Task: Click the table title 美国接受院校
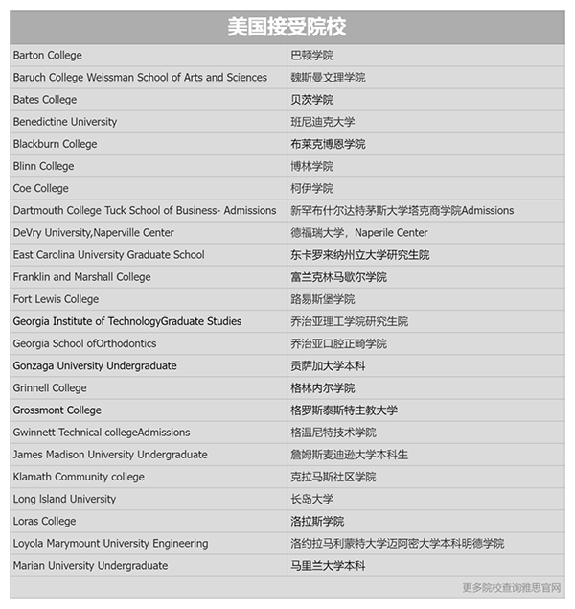(x=287, y=27)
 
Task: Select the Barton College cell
(x=48, y=56)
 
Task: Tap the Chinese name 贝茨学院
(x=312, y=100)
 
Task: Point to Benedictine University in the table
(x=65, y=122)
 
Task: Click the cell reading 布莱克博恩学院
(x=328, y=144)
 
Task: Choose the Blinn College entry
(x=43, y=166)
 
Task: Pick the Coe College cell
(x=41, y=188)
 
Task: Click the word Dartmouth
(x=39, y=210)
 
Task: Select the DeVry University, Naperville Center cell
(x=94, y=232)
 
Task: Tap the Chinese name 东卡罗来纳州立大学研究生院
(x=359, y=255)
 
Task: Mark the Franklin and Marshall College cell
(x=82, y=277)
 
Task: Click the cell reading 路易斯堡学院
(x=323, y=299)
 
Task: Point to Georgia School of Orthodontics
(x=84, y=343)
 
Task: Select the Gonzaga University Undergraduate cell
(x=95, y=365)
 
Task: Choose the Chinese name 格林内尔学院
(x=323, y=388)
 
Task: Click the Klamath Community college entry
(x=79, y=477)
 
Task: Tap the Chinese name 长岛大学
(x=312, y=499)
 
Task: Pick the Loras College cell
(x=45, y=521)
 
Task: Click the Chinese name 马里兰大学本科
(x=328, y=566)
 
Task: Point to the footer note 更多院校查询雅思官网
(x=512, y=588)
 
